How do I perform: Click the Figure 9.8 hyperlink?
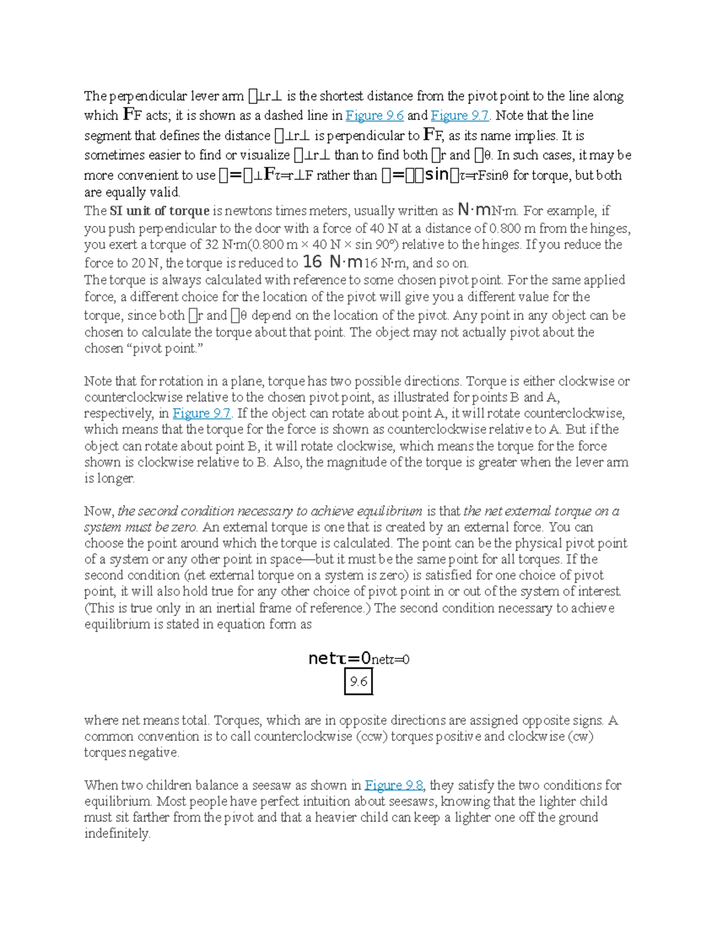[x=394, y=785]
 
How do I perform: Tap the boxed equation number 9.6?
[x=358, y=682]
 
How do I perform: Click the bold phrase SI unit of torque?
[x=160, y=211]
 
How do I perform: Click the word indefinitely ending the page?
[x=117, y=834]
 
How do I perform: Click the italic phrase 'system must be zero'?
[x=141, y=527]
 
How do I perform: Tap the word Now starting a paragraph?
[x=99, y=511]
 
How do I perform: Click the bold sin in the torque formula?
[x=436, y=175]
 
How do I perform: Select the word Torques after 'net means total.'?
[x=238, y=720]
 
